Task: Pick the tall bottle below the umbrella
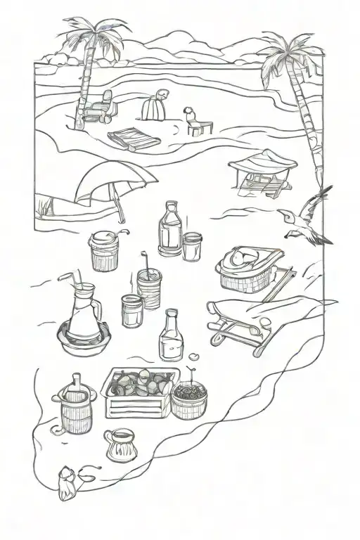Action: (169, 228)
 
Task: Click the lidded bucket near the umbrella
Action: (105, 252)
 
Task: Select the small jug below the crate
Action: (120, 444)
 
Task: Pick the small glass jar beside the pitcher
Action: (131, 310)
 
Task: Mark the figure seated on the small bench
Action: (195, 121)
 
